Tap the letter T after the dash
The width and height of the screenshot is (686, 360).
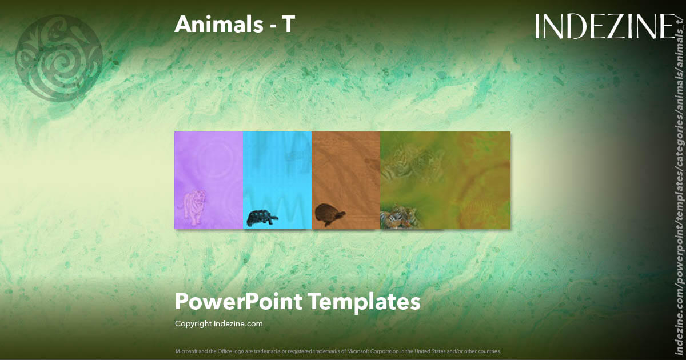tap(288, 24)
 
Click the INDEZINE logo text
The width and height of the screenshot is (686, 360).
tap(605, 26)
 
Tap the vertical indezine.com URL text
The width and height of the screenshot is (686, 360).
tap(679, 189)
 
